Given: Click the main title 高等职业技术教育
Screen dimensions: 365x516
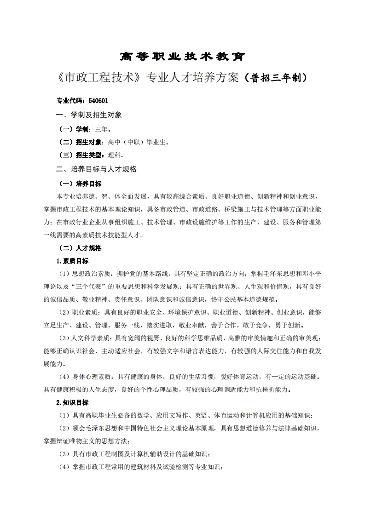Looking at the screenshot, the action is (x=182, y=57).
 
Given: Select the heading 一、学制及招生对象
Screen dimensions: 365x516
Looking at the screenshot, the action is (x=88, y=115).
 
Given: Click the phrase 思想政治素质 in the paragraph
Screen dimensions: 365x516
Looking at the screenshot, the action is (x=90, y=274).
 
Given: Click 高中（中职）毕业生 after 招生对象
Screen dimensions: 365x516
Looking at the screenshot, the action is (x=138, y=142).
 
